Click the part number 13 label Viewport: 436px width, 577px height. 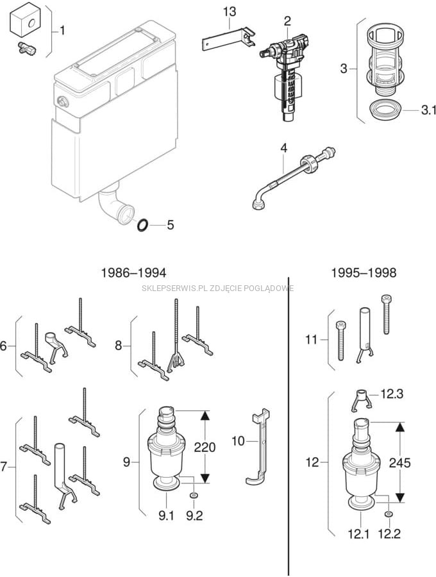click(230, 12)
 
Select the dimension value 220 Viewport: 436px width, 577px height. click(205, 447)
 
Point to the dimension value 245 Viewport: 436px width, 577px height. click(399, 462)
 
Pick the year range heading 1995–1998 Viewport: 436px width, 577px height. click(364, 272)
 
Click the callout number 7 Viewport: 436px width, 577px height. click(4, 467)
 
